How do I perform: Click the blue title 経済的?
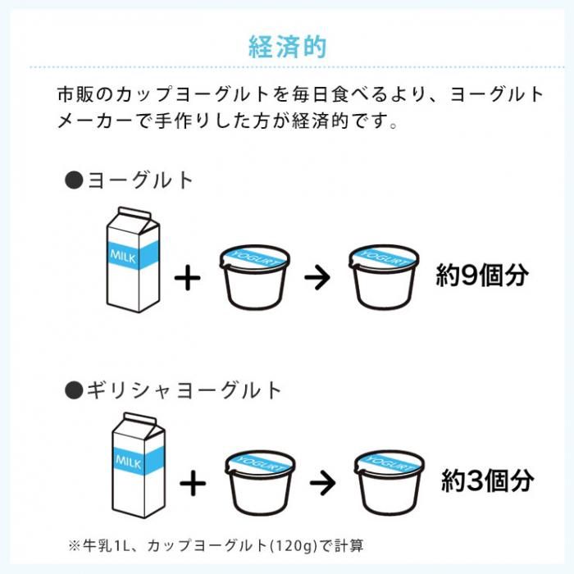click(x=287, y=47)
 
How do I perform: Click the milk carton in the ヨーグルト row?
click(x=133, y=260)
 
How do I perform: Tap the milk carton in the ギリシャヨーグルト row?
click(x=139, y=465)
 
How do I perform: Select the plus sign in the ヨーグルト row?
click(x=188, y=277)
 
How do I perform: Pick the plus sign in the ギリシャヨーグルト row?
click(x=193, y=483)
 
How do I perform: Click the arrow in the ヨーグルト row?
click(x=317, y=277)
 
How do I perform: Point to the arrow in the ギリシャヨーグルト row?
click(x=322, y=483)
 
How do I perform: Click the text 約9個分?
click(x=482, y=276)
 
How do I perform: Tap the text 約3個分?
click(x=487, y=481)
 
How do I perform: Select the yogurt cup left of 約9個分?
click(x=384, y=277)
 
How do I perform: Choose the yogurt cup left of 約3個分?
click(x=389, y=482)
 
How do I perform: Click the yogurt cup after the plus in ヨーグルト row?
click(x=255, y=277)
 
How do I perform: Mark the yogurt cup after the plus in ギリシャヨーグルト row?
click(x=260, y=482)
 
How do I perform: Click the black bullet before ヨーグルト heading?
click(x=74, y=180)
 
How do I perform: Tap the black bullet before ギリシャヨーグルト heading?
click(x=74, y=389)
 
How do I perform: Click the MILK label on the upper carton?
click(x=123, y=256)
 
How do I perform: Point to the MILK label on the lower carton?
click(x=129, y=462)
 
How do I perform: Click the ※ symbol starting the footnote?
click(x=74, y=546)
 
